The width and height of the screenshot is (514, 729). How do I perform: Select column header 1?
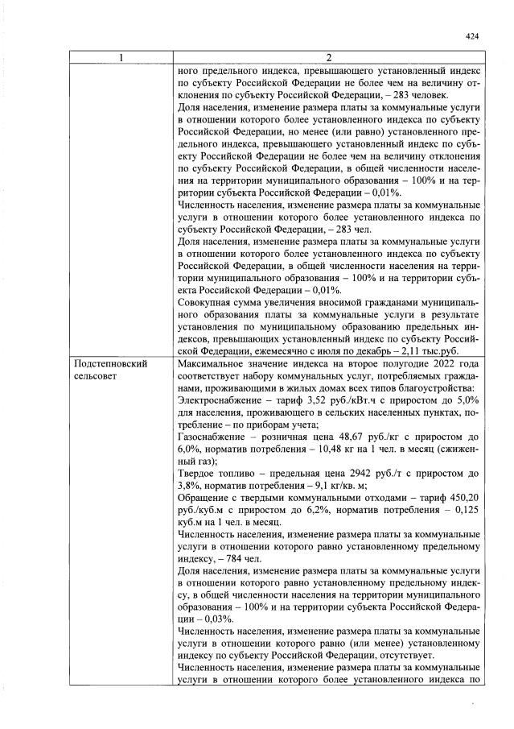(x=121, y=58)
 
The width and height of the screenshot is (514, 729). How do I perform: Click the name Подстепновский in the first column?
(x=110, y=364)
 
